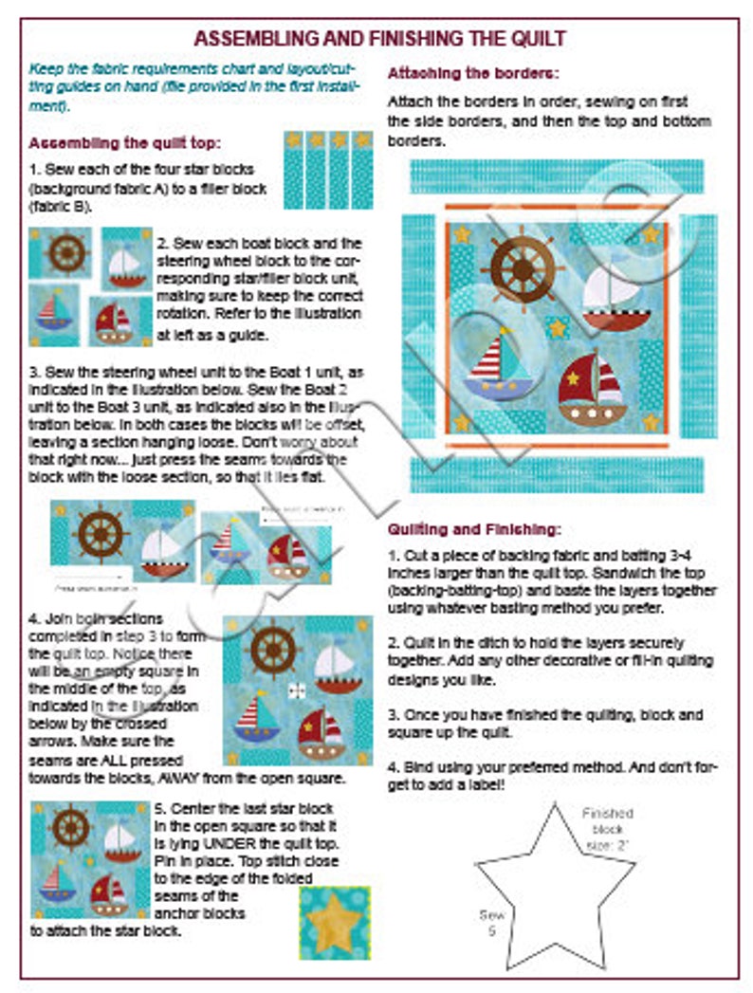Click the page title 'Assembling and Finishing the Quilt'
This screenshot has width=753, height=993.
click(379, 39)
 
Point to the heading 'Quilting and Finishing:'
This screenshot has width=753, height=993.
click(475, 528)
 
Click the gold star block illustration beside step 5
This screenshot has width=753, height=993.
click(335, 923)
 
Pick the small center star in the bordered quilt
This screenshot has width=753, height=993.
click(559, 328)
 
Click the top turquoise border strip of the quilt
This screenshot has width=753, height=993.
click(557, 176)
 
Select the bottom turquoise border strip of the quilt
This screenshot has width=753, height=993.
click(557, 474)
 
